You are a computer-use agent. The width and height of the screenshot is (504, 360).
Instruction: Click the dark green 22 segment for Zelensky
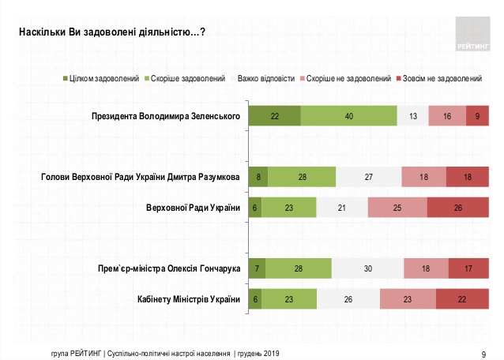click(x=274, y=116)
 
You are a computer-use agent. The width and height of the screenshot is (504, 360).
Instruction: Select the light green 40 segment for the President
click(x=348, y=116)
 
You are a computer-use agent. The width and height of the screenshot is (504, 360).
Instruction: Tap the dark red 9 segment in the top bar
click(x=478, y=116)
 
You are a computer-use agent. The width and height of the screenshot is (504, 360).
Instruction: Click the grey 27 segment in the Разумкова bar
click(x=368, y=178)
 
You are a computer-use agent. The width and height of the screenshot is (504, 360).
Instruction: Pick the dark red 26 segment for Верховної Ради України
click(x=458, y=208)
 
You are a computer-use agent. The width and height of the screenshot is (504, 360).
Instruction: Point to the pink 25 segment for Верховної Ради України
click(x=397, y=208)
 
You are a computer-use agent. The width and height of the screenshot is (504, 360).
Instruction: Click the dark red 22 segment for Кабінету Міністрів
click(x=462, y=300)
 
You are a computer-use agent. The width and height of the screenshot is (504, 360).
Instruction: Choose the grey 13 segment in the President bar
click(x=412, y=116)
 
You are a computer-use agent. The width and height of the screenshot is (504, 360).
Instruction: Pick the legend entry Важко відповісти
click(x=265, y=79)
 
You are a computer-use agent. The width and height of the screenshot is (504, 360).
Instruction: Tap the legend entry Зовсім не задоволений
click(x=442, y=79)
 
